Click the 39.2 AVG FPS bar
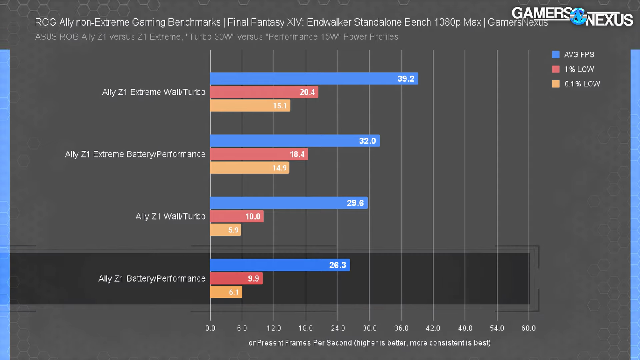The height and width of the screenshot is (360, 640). pos(314,79)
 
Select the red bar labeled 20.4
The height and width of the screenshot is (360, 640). pos(264,92)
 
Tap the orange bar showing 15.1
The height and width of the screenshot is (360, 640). pos(250,106)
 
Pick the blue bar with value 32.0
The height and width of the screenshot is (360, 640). pos(295,141)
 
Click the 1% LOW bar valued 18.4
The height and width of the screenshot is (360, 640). pos(259,154)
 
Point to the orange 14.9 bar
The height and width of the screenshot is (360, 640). pos(250,168)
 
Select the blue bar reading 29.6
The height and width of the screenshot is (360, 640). pos(288,203)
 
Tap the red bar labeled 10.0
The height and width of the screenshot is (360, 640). pos(237,216)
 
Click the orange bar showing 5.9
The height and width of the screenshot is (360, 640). pos(226,230)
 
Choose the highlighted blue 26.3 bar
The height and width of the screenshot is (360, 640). pos(280,265)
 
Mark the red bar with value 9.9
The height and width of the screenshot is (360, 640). pos(236,279)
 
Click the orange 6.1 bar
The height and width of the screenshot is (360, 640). pos(226,292)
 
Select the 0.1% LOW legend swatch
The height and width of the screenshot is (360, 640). pos(556,84)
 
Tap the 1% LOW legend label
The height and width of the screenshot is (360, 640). pos(579,69)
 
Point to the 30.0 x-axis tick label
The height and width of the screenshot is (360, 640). pos(369,328)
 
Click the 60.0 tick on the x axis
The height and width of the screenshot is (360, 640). pos(528,328)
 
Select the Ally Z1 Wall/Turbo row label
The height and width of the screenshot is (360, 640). pos(170,216)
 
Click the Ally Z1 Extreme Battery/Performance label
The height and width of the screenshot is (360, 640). pos(135,154)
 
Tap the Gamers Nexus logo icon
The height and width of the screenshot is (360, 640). pos(578,17)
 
